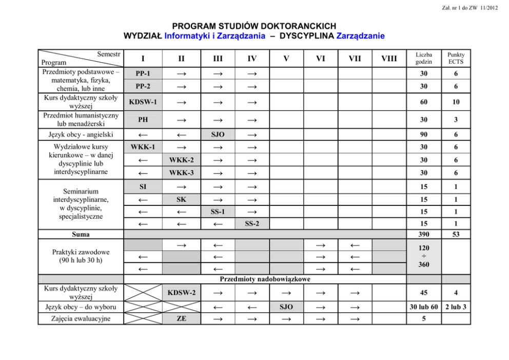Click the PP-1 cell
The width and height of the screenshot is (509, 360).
pyautogui.click(x=143, y=73)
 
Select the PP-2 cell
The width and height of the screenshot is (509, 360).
pyautogui.click(x=143, y=86)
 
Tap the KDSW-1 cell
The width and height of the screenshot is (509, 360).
pyautogui.click(x=143, y=102)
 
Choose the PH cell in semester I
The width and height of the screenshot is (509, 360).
pyautogui.click(x=143, y=120)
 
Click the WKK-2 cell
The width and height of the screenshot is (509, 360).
pyautogui.click(x=181, y=160)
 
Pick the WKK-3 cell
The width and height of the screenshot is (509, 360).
pyautogui.click(x=181, y=172)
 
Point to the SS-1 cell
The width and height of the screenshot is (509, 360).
pyautogui.click(x=218, y=212)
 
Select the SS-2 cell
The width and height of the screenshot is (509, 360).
pyautogui.click(x=252, y=224)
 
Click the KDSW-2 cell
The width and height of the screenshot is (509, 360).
pyautogui.click(x=181, y=293)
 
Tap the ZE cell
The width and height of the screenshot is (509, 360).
pyautogui.click(x=181, y=318)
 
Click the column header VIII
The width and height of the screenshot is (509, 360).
pyautogui.click(x=388, y=59)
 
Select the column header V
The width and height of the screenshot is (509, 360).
pyautogui.click(x=286, y=59)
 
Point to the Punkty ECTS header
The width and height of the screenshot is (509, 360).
pyautogui.click(x=456, y=58)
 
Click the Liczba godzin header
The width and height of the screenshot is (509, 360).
pyautogui.click(x=424, y=58)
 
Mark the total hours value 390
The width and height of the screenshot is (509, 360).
pyautogui.click(x=424, y=234)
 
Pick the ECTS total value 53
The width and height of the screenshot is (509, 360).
pyautogui.click(x=456, y=234)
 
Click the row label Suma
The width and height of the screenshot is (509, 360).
pyautogui.click(x=81, y=234)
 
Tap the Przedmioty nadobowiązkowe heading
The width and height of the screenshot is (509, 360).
pyautogui.click(x=265, y=279)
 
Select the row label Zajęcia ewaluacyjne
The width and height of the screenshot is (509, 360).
pyautogui.click(x=81, y=318)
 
